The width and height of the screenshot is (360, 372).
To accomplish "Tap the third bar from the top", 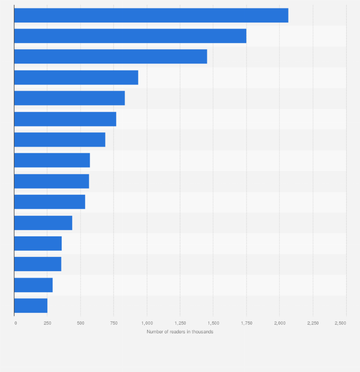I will (x=110, y=56).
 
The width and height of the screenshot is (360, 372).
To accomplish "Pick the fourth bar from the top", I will (x=76, y=77).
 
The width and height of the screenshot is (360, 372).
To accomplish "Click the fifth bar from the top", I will (x=69, y=98).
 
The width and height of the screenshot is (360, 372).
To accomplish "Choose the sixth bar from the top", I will (x=65, y=119).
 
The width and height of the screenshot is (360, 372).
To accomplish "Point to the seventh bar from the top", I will (x=60, y=139).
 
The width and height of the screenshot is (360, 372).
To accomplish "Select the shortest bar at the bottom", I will (x=31, y=306).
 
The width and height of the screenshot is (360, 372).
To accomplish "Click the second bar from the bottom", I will (x=33, y=285).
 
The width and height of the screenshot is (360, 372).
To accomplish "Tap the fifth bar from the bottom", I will (x=43, y=223).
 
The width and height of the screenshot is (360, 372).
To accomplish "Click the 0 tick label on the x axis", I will (x=15, y=323).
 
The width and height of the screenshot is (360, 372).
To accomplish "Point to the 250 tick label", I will (x=47, y=323).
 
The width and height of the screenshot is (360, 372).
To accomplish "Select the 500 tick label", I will (x=80, y=323).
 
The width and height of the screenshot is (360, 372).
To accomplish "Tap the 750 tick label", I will (x=114, y=323).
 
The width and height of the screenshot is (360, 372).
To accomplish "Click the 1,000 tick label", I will (x=147, y=323).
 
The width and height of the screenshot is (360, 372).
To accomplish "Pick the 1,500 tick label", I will (x=213, y=323).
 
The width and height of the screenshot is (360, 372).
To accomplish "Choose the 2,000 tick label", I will (x=279, y=323).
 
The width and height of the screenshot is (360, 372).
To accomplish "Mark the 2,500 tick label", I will (x=340, y=323).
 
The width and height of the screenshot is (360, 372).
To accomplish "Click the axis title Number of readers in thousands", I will (x=180, y=332).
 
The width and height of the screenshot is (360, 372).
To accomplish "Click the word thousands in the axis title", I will (x=202, y=332).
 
